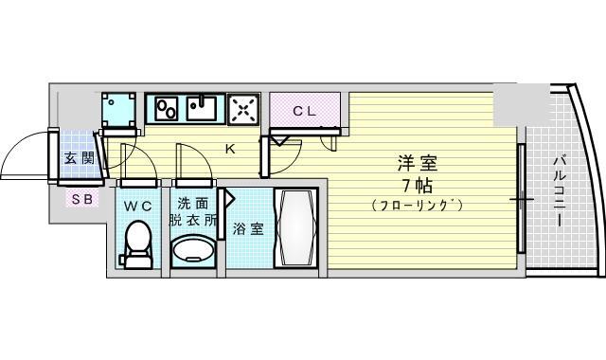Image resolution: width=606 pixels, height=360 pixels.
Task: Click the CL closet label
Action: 305,112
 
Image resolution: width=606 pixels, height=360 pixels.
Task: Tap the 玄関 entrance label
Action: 80,158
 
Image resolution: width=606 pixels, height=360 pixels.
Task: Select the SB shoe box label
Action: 82,199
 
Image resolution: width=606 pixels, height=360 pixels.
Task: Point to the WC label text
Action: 137,207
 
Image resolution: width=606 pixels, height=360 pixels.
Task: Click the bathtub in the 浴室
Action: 295,227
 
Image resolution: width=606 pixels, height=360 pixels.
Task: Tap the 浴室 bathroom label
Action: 248,229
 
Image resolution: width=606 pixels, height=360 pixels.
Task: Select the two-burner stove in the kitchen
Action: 167,109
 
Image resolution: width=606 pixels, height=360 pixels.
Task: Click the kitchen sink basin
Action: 202,108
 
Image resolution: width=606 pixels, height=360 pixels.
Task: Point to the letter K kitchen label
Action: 230,149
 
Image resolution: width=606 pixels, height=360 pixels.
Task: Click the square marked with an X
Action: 243,109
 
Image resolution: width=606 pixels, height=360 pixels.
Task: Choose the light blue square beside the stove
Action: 118,110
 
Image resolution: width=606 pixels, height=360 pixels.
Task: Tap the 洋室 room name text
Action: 418,163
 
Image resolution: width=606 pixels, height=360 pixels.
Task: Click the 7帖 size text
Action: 418,186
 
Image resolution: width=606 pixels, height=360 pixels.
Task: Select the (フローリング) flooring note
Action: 418,205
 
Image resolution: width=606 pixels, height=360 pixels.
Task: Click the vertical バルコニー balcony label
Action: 558,190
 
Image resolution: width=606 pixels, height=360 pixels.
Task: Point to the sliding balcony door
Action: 521,198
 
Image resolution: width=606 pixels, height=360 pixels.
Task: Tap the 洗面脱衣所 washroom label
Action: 193,211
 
